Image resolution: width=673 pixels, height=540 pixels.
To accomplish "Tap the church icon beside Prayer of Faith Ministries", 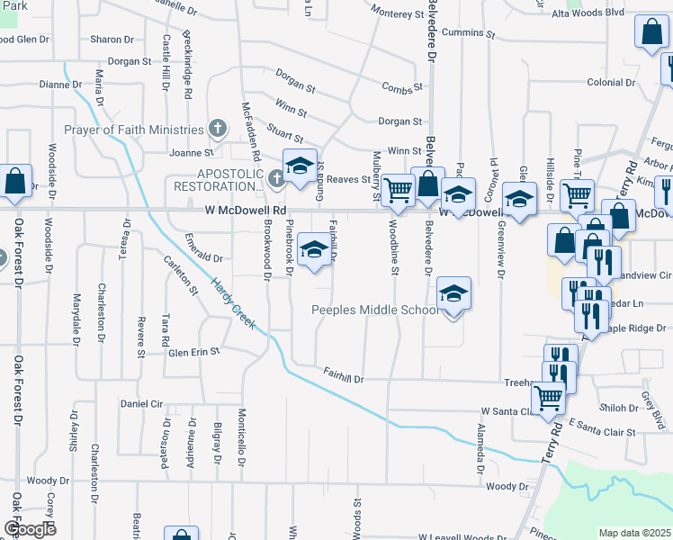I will point(217,129).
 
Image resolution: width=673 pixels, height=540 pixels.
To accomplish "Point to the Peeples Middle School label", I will point(375,310).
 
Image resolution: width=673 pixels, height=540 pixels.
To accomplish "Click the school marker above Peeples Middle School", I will point(454,293).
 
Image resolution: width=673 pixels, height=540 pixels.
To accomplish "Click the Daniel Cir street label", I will point(140,403).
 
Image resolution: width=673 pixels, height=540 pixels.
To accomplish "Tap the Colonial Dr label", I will point(611,82).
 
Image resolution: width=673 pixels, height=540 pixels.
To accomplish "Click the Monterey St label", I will point(397,14).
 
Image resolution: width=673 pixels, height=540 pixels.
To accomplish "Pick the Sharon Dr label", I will point(112,40).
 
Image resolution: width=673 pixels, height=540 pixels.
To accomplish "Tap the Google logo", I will point(29,529).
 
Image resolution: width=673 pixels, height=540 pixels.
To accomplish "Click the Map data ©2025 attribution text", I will point(634,533).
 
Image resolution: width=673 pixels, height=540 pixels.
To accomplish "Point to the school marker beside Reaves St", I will point(300,165).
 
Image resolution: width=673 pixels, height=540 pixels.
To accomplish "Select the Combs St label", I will point(401,87).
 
